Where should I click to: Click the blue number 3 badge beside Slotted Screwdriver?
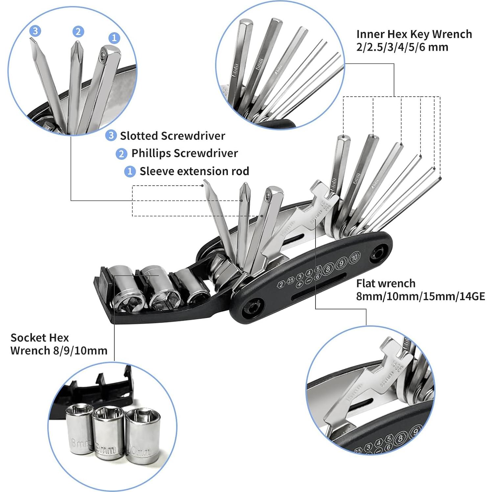pyautogui.click(x=111, y=135)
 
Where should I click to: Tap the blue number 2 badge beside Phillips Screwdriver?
pyautogui.click(x=121, y=153)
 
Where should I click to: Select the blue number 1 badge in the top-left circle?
pyautogui.click(x=114, y=38)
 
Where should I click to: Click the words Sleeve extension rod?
pyautogui.click(x=194, y=171)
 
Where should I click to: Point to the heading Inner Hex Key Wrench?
pyautogui.click(x=414, y=34)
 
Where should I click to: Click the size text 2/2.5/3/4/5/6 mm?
pyautogui.click(x=402, y=47)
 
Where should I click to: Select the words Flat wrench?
pyautogui.click(x=386, y=283)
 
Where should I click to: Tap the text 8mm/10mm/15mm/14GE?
pyautogui.click(x=420, y=296)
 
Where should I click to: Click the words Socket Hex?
pyautogui.click(x=39, y=338)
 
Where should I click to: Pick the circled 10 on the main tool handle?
pyautogui.click(x=354, y=258)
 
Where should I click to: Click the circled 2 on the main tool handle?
pyautogui.click(x=281, y=285)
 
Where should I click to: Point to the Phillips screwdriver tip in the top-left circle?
pyautogui.click(x=77, y=46)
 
